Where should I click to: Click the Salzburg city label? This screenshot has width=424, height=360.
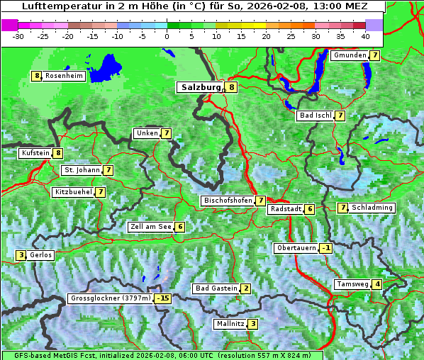201,88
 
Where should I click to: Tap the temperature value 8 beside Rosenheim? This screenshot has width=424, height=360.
36,76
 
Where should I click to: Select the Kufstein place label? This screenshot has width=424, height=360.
35,152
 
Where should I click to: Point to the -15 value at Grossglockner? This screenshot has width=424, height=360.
164,299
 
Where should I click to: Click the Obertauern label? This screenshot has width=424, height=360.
296,248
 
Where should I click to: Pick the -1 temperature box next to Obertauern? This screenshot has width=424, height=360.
325,248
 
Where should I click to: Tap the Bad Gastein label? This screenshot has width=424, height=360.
216,288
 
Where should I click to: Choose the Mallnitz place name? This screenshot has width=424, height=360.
230,324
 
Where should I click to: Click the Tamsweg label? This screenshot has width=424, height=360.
352,284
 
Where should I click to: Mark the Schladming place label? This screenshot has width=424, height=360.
372,208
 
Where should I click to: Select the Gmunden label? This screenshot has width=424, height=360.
350,55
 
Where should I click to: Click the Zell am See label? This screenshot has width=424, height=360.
150,227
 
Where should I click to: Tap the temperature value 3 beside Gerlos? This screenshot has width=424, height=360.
21,255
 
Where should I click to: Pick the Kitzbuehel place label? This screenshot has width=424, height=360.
73,192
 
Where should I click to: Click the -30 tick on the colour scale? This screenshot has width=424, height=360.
18,35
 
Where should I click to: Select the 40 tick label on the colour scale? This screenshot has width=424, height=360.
365,35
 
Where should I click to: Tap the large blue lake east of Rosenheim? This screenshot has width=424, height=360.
107,68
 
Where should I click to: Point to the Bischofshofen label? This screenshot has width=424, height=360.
228,201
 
